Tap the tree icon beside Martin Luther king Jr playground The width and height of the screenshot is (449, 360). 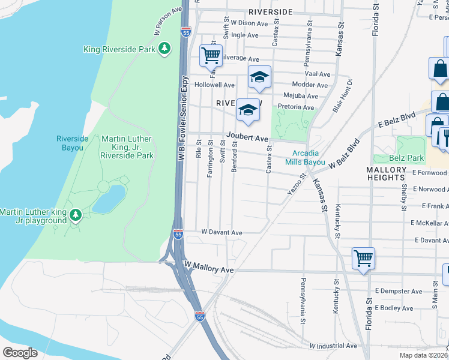pos(75,215)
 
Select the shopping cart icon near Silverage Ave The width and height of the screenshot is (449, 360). pos(211,56)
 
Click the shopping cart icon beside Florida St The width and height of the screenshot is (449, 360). pos(363,259)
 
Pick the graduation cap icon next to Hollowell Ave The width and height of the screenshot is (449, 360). pos(259,77)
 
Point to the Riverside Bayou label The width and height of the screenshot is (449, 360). pos(73,143)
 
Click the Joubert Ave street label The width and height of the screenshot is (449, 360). pos(247,138)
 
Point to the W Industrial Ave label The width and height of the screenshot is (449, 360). pos(333,346)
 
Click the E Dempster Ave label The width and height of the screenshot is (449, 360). pos(399,291)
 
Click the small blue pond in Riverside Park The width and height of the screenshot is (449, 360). pos(109,199)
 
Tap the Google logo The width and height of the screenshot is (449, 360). pos(20,352)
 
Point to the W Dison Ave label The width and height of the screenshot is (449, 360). pos(249,23)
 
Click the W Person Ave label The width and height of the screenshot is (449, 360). pos(168,21)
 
